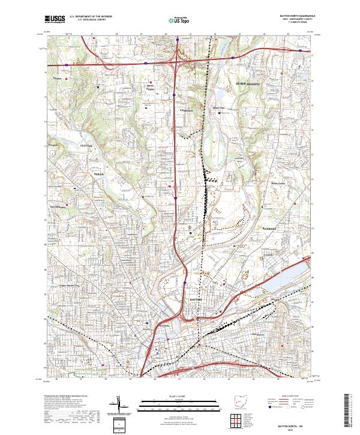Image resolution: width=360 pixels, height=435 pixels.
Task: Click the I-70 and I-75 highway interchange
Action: [x=175, y=61]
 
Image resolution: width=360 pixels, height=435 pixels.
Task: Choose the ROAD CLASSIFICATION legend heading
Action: [x=287, y=397]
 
